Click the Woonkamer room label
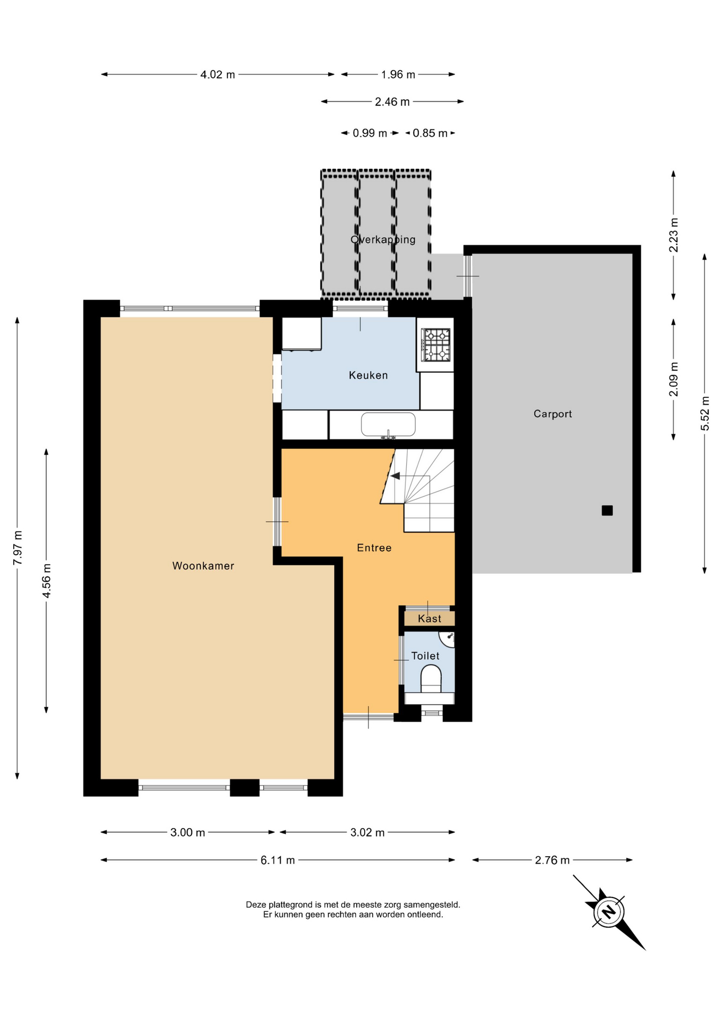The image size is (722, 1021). [x=203, y=566]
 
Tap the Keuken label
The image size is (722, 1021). [x=368, y=375]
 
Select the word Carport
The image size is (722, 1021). [x=552, y=414]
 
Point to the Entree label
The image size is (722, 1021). [x=374, y=548]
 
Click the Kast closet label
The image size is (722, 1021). [x=430, y=618]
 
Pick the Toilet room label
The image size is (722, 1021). [x=425, y=656]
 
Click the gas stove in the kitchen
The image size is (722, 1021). [x=436, y=345]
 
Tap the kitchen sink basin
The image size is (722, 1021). [x=388, y=425]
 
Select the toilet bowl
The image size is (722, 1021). [x=431, y=680]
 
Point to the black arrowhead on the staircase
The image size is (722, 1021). [x=395, y=475]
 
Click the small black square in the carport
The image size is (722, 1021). [x=607, y=510]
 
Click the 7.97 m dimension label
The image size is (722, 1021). [x=18, y=548]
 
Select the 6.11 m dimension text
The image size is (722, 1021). [x=278, y=860]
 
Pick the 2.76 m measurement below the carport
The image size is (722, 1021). [x=552, y=860]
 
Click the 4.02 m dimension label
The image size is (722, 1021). [x=217, y=74]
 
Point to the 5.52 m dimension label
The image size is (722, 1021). [x=705, y=414]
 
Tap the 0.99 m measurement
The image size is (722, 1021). [x=370, y=133]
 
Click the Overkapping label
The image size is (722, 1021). [x=383, y=240]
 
